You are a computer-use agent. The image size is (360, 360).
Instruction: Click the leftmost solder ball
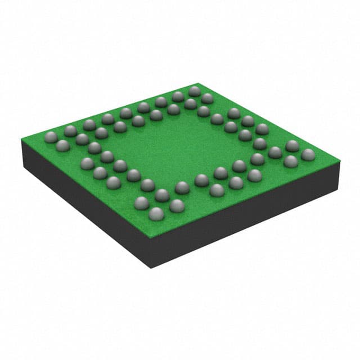[51, 136]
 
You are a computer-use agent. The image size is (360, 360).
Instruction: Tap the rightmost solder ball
[308, 154]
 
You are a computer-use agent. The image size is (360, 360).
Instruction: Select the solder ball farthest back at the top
[195, 91]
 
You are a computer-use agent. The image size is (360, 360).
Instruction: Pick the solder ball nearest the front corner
[156, 213]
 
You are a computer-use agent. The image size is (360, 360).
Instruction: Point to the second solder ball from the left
[63, 146]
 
